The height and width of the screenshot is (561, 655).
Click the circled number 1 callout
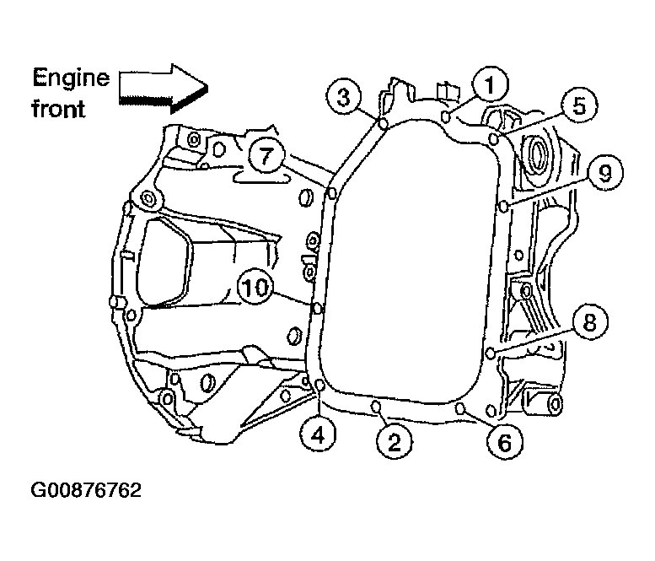click(x=490, y=84)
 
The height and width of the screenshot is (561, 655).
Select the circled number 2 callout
click(x=395, y=441)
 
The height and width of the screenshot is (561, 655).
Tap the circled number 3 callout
click(x=344, y=98)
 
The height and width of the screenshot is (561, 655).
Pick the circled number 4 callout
click(x=319, y=435)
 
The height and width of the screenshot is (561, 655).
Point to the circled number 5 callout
click(x=579, y=105)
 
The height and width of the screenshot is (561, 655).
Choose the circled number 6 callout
click(x=505, y=441)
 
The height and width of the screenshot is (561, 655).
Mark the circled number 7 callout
click(x=266, y=155)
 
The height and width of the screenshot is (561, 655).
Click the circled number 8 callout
click(x=590, y=321)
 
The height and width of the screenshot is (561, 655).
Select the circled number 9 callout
click(x=605, y=171)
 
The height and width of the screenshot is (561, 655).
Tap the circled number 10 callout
click(x=255, y=288)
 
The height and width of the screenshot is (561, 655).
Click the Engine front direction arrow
click(x=164, y=89)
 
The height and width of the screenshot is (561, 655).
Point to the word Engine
click(x=71, y=78)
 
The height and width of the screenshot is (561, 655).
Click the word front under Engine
click(x=58, y=109)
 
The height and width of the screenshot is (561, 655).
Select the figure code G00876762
click(x=86, y=490)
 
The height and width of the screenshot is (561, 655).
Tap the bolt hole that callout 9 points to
click(x=504, y=206)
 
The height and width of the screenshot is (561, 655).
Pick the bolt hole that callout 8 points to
click(x=491, y=353)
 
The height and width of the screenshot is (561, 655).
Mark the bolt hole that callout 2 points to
click(x=375, y=406)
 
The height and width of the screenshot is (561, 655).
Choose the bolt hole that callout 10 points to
click(x=318, y=309)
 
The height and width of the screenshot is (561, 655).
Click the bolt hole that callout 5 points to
click(x=494, y=138)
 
